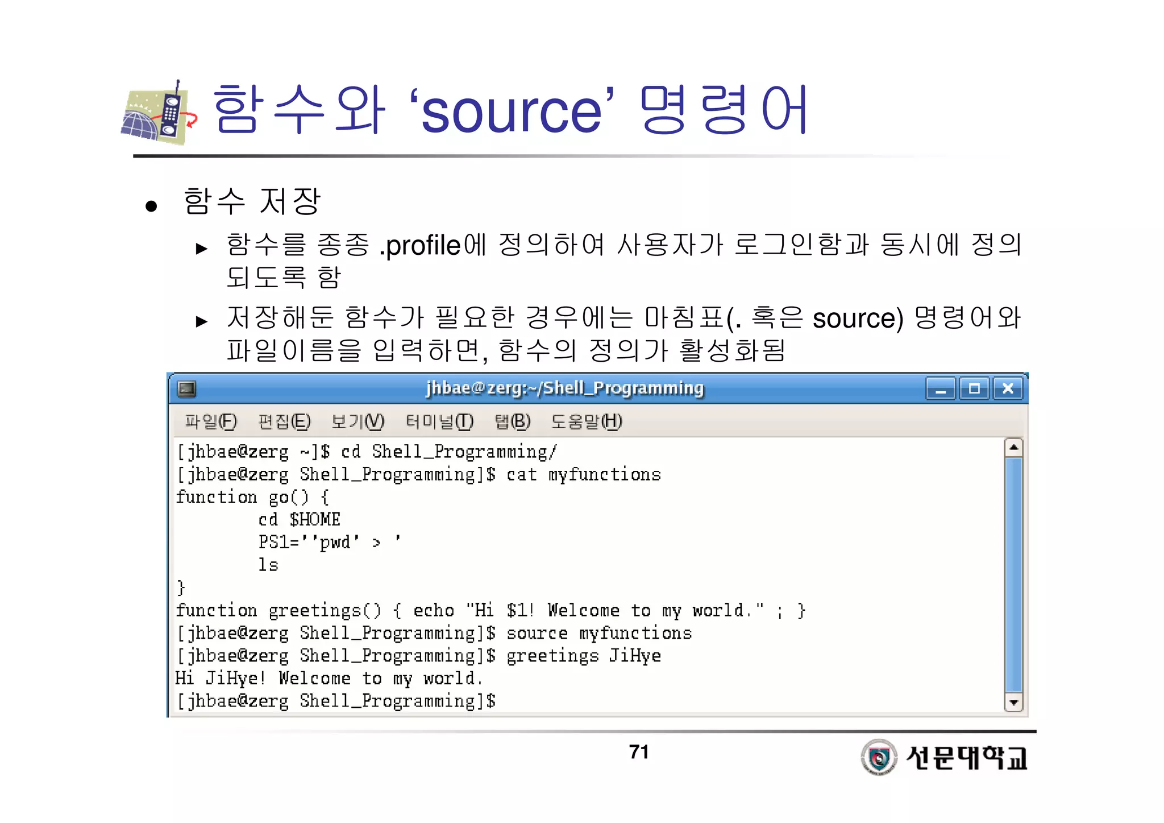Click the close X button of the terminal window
tap(1008, 388)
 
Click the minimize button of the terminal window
tap(941, 389)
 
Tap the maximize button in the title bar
tap(974, 388)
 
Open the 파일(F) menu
tap(211, 421)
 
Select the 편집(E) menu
tap(284, 421)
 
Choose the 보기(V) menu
tap(357, 421)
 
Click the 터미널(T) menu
tap(439, 421)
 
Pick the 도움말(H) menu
tap(587, 421)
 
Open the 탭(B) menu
tap(512, 421)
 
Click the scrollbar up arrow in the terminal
tap(1013, 448)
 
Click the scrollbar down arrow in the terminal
tap(1013, 702)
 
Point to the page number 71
tap(639, 752)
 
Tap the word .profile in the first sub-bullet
tap(420, 246)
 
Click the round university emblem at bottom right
tap(879, 757)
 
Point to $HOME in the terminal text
tap(315, 519)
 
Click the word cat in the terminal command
tap(521, 474)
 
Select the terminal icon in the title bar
tap(186, 388)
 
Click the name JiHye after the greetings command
tap(635, 656)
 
